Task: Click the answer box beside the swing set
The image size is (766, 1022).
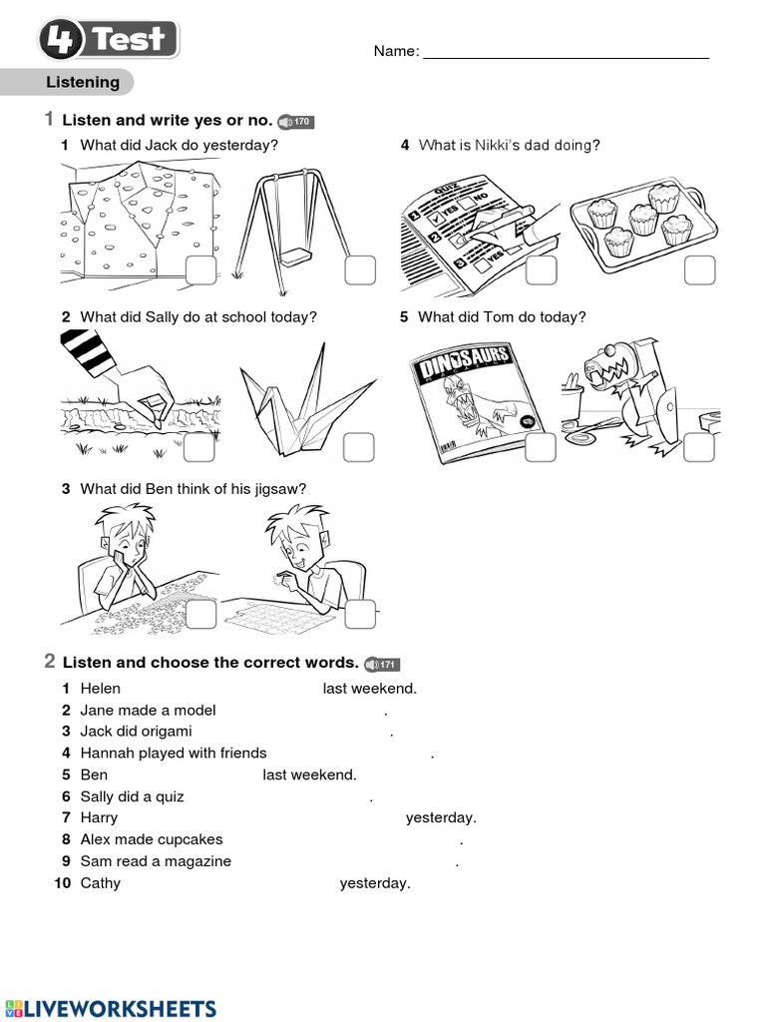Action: pyautogui.click(x=360, y=270)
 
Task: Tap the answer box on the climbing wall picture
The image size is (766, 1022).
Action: pyautogui.click(x=200, y=270)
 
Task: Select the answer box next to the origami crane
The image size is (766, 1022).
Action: pyautogui.click(x=359, y=448)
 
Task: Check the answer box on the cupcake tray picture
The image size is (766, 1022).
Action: pyautogui.click(x=699, y=270)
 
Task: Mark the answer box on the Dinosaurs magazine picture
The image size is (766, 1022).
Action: pyautogui.click(x=540, y=448)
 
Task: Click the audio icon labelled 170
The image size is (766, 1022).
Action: pyautogui.click(x=296, y=122)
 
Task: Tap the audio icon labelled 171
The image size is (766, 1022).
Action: pyautogui.click(x=381, y=664)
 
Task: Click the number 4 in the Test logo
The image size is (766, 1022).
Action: pyautogui.click(x=62, y=41)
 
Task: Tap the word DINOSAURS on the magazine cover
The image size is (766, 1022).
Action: pyautogui.click(x=464, y=364)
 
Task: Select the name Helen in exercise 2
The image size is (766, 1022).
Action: pyautogui.click(x=100, y=688)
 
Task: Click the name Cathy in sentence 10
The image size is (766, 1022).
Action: pyautogui.click(x=100, y=883)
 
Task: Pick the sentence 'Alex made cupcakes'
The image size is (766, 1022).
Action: pyautogui.click(x=152, y=839)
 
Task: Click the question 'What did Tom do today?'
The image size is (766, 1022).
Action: pyautogui.click(x=502, y=317)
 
